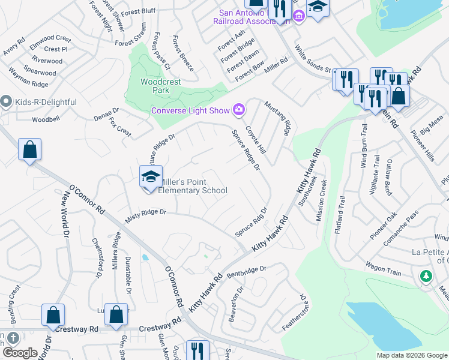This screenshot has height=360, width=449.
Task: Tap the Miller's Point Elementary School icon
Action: pyautogui.click(x=151, y=176)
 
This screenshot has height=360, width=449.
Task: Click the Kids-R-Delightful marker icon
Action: pyautogui.click(x=6, y=101)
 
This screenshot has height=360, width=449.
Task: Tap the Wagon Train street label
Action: pyautogui.click(x=383, y=268)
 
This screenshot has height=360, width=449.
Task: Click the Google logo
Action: pyautogui.click(x=20, y=353)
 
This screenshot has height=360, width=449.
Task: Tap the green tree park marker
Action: pyautogui.click(x=426, y=275)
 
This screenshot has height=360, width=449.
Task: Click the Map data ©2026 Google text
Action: pyautogui.click(x=411, y=355)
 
